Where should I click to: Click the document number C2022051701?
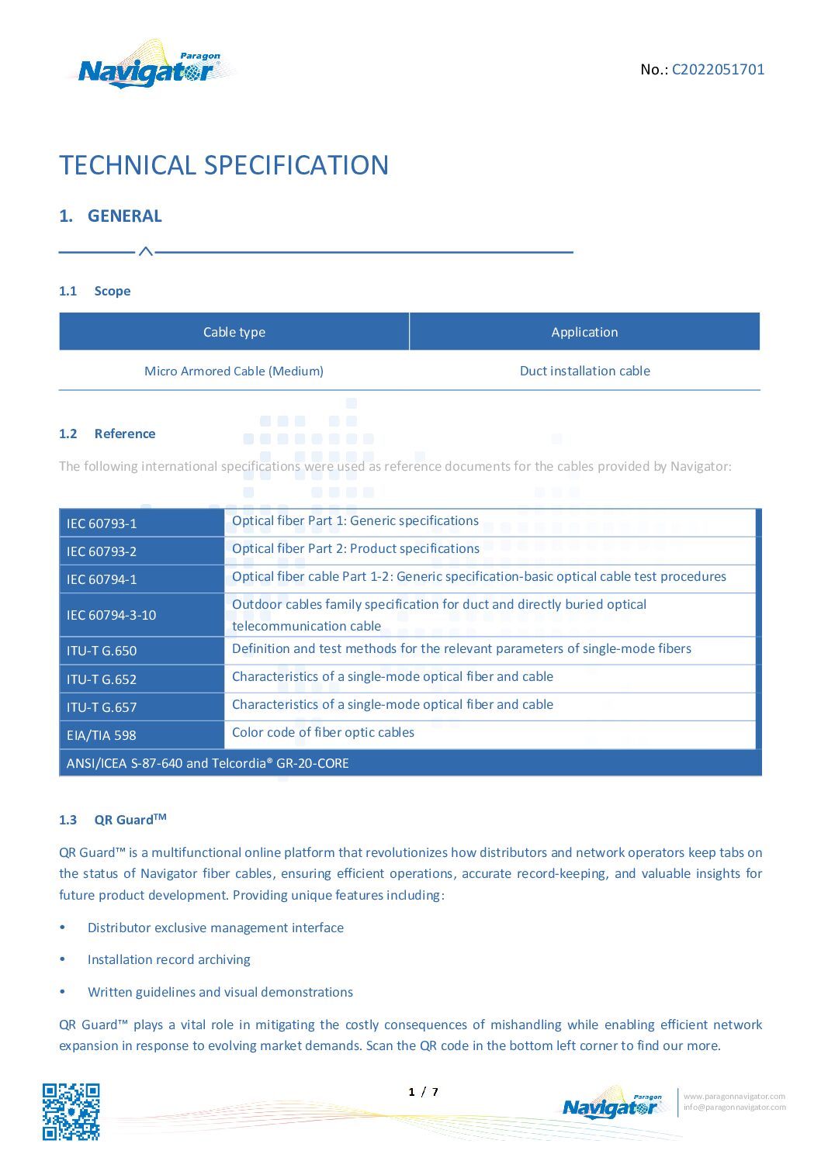(x=718, y=69)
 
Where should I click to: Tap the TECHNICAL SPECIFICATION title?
(x=223, y=165)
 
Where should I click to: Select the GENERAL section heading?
(x=124, y=216)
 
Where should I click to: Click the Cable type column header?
(x=234, y=332)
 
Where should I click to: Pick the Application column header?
(x=584, y=332)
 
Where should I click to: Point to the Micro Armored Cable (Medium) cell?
(x=234, y=371)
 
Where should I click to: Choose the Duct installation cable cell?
(x=584, y=371)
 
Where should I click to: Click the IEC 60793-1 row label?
(x=102, y=523)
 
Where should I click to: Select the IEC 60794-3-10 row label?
(x=111, y=615)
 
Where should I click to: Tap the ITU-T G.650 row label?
(x=102, y=651)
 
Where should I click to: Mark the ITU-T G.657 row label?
(x=102, y=707)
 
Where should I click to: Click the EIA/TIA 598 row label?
(x=101, y=735)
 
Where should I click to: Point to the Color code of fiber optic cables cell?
(x=323, y=732)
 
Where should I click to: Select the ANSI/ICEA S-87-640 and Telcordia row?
(x=208, y=763)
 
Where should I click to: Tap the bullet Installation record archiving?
(x=169, y=959)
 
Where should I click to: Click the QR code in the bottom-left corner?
(x=71, y=1111)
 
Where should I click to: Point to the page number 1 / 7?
(x=423, y=1092)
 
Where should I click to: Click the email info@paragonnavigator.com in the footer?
(x=734, y=1107)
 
